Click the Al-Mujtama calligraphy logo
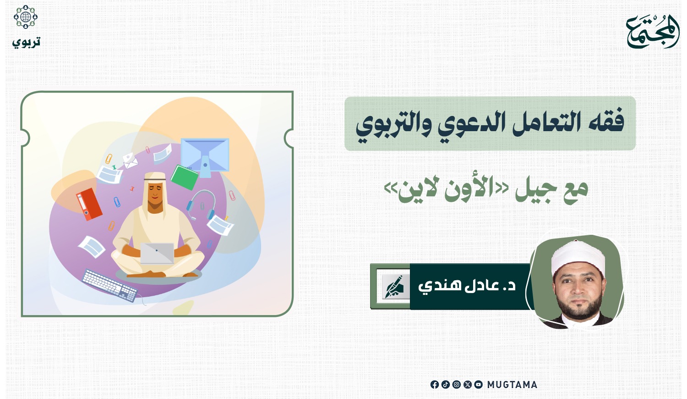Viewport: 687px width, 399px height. pos(652,31)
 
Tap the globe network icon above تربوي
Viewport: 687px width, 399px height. pos(26,17)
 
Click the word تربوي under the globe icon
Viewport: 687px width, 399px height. pos(27,42)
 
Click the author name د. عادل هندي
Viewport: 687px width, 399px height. pos(467,286)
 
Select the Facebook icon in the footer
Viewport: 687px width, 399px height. pos(434,385)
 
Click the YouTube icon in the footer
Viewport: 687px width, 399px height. pos(479,385)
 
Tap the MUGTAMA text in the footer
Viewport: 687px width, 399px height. pos(512,385)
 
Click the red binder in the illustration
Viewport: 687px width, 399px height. pos(89,204)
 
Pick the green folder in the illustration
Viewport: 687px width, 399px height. pos(184,177)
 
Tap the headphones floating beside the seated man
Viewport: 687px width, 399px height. pos(201,205)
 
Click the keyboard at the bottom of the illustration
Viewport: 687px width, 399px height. pos(110,285)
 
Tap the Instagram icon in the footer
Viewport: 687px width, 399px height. pos(456,385)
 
